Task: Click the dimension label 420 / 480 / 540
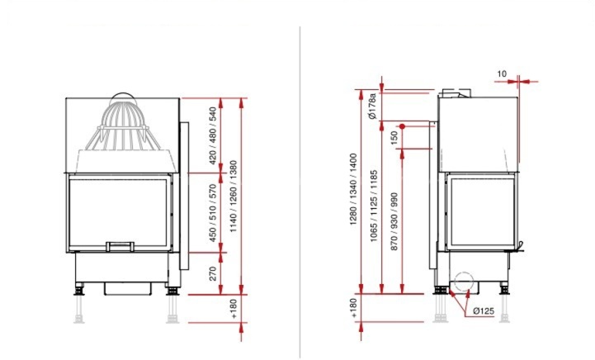coord(213,135)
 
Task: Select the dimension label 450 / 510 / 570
coord(213,213)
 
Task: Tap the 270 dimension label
coord(213,273)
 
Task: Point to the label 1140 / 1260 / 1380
coord(233,197)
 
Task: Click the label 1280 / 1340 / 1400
coord(353,189)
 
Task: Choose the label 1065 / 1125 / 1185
coord(374,206)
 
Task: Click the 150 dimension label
coord(394,137)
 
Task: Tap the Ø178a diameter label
coord(372,106)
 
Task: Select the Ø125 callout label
coord(484,311)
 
